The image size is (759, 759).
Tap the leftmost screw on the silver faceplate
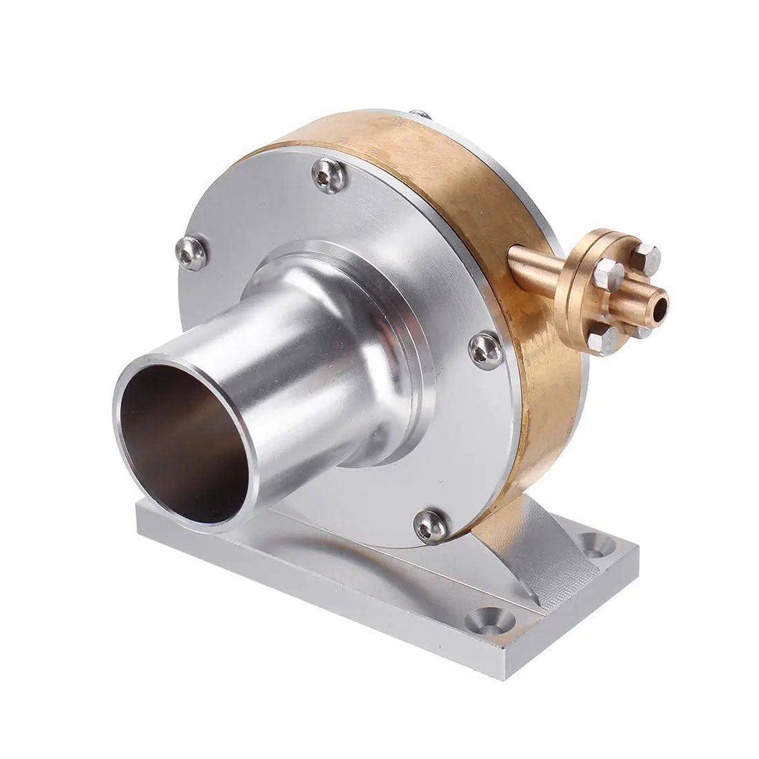coord(191,252)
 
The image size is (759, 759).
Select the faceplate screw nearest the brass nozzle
coord(484,349)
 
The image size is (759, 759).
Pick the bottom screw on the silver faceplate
coord(433,526)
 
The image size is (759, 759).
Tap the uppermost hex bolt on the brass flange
coord(646,257)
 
